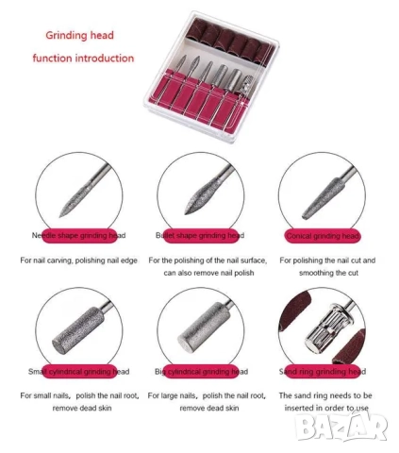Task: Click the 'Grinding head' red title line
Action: (x=79, y=35)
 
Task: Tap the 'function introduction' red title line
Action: (x=83, y=59)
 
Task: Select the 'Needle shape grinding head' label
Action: (x=78, y=235)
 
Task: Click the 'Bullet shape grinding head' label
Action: (x=200, y=235)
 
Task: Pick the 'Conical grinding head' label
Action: (x=323, y=236)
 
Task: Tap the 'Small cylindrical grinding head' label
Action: (x=78, y=372)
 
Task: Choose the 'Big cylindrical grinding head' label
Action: (x=201, y=372)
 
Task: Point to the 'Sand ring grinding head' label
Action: (x=323, y=372)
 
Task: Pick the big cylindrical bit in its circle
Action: (x=205, y=328)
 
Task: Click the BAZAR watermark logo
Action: (x=341, y=427)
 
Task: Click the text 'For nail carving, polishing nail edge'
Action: (x=79, y=260)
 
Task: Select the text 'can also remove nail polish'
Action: (x=208, y=273)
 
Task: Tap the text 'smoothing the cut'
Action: (x=328, y=273)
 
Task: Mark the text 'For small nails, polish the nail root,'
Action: (x=79, y=395)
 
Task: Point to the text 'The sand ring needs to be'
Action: (x=325, y=395)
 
